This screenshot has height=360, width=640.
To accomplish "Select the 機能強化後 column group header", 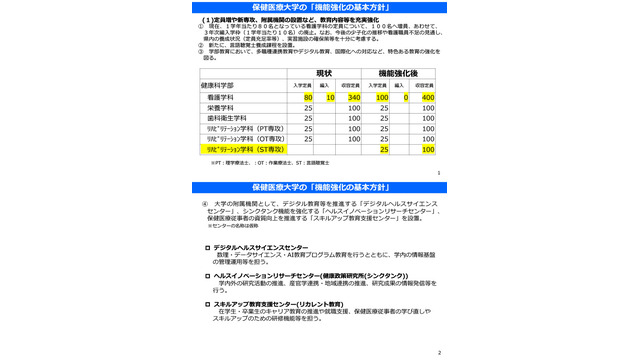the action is tap(398, 73).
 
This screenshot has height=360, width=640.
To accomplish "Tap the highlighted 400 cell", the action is tap(428, 98).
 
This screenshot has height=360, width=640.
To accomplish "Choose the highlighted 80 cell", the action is tap(307, 98).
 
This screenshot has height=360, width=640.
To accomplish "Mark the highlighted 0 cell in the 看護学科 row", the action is tap(406, 98).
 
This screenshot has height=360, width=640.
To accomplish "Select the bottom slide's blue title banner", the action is tap(320, 187).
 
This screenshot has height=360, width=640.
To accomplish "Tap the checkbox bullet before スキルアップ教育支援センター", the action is tap(207, 303).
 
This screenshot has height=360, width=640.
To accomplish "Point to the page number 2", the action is tap(439, 353).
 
